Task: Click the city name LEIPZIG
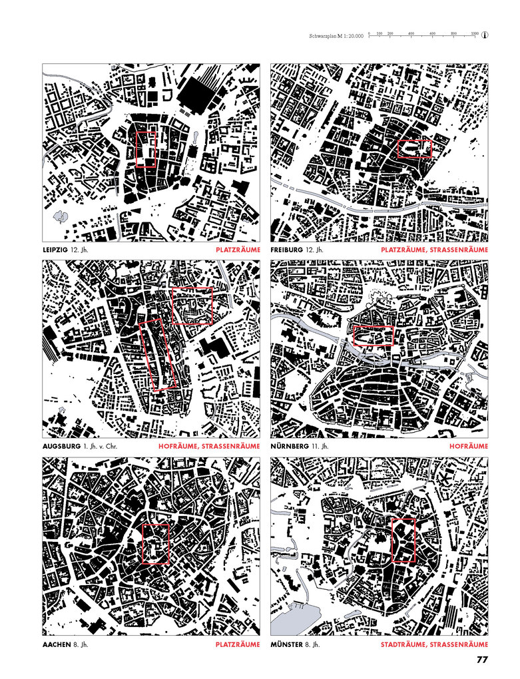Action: (55, 250)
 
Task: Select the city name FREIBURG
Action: (286, 250)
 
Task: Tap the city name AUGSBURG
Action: (59, 446)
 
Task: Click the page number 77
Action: (483, 660)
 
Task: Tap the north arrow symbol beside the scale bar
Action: (485, 35)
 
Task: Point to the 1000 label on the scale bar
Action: (474, 33)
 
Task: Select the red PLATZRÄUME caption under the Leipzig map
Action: (238, 250)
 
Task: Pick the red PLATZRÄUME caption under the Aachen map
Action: (238, 644)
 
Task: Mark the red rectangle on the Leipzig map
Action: (146, 149)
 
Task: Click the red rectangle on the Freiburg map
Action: (415, 148)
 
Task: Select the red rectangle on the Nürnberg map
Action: (373, 337)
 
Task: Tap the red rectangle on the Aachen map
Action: (156, 543)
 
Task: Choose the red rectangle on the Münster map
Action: (403, 541)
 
